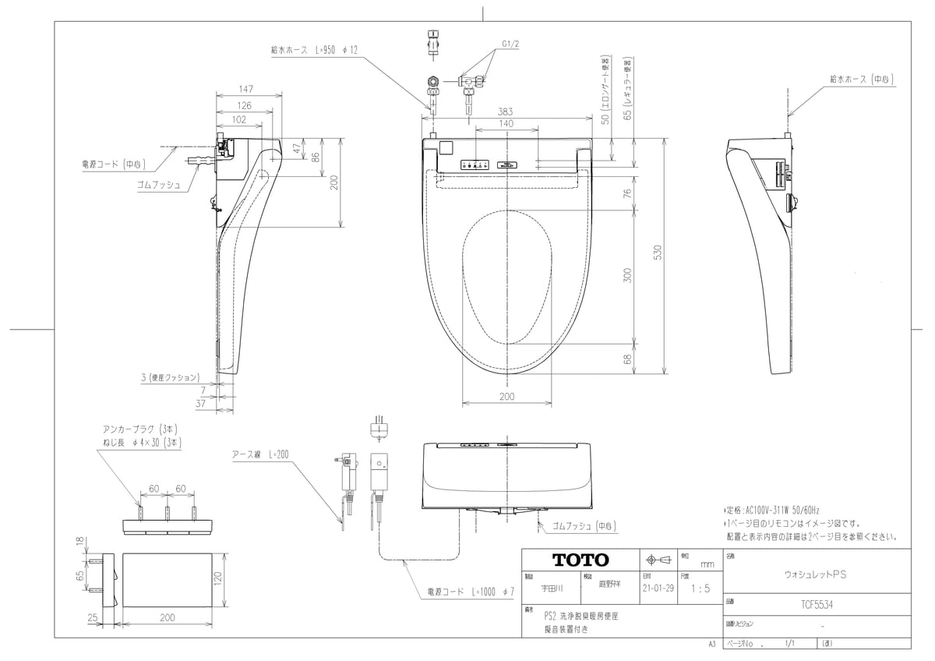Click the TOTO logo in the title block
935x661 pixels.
coord(580,560)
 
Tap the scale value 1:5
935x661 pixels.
coord(700,589)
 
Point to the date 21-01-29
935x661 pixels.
coord(659,589)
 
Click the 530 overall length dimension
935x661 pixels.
coord(658,253)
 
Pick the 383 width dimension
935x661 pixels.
coord(506,112)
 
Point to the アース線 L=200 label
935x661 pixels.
coord(260,454)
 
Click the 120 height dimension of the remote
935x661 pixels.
coord(219,578)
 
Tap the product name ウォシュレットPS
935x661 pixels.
coord(814,573)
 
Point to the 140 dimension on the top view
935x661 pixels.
coord(506,124)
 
